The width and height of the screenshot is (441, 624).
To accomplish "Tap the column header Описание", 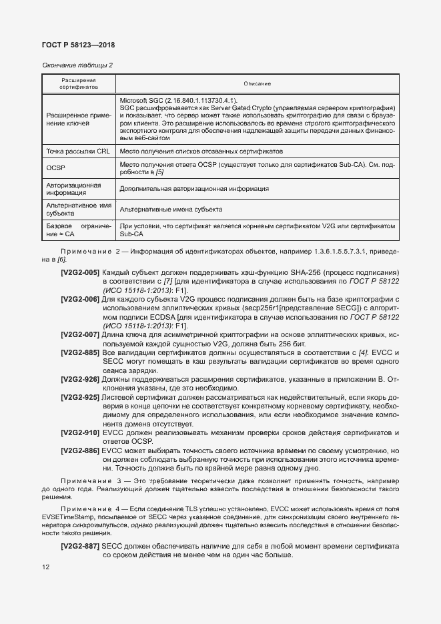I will point(257,83).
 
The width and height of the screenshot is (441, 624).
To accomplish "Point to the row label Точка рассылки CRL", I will point(77,152).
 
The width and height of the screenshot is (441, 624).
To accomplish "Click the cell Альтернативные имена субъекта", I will point(171,210).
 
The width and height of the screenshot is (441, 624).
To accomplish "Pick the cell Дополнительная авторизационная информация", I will point(194,189).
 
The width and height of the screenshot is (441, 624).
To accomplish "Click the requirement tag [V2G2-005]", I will point(80,273).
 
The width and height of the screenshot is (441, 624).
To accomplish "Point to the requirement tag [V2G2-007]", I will point(80,334).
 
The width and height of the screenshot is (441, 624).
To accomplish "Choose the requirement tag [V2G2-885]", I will point(80,352).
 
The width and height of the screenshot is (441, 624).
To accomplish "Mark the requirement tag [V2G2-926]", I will point(80,379).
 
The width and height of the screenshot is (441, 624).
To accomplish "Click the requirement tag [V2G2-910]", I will point(80,433).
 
